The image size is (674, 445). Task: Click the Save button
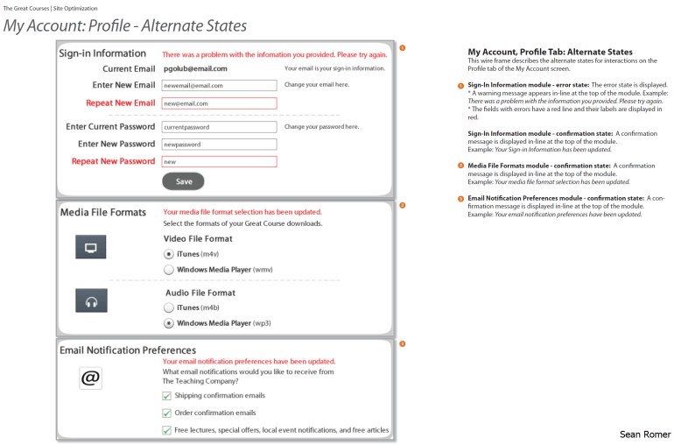click(x=183, y=181)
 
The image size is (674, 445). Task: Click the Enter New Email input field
click(x=219, y=86)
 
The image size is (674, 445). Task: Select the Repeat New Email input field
click(x=219, y=103)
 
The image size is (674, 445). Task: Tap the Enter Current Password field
click(x=219, y=127)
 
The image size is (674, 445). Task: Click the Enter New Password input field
click(x=219, y=144)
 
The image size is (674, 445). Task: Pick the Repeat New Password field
click(x=219, y=161)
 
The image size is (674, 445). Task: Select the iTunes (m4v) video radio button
click(x=169, y=253)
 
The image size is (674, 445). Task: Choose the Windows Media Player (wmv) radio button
click(x=169, y=270)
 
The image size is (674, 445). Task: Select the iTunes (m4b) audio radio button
click(x=169, y=307)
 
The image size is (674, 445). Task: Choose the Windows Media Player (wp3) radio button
click(x=169, y=323)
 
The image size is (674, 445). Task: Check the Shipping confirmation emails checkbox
click(x=167, y=396)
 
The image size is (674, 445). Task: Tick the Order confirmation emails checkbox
click(x=167, y=413)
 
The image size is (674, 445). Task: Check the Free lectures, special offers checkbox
click(x=167, y=430)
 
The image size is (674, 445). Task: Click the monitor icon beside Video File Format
click(x=91, y=248)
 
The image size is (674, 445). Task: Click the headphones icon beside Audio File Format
click(x=91, y=300)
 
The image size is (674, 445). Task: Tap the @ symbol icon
click(x=90, y=378)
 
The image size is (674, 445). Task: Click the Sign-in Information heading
click(x=102, y=53)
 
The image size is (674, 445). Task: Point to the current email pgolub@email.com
click(x=194, y=68)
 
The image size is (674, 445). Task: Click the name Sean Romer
click(x=644, y=434)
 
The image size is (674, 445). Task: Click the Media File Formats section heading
click(x=102, y=213)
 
